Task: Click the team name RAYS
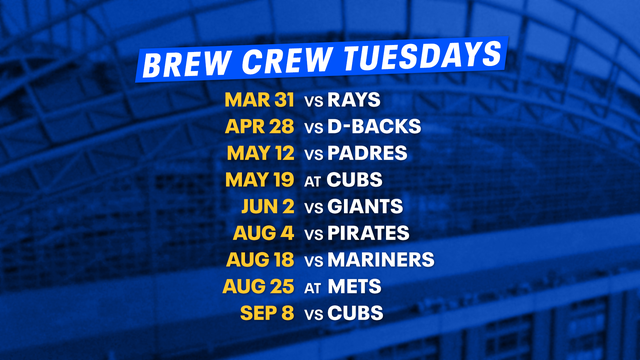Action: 356,101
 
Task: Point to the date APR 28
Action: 259,128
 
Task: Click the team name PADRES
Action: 367,154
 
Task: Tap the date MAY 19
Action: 258,181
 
